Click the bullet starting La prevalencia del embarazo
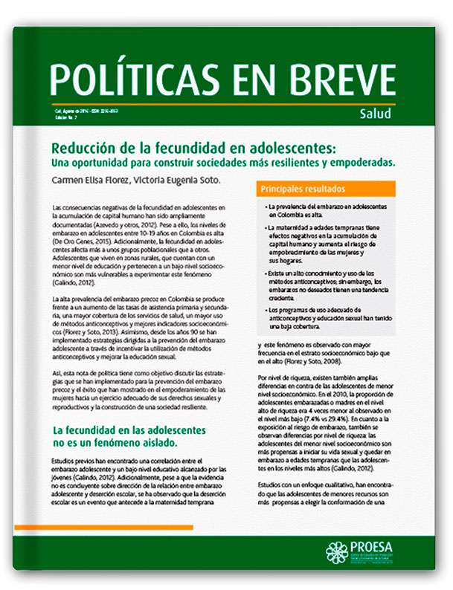click(x=323, y=209)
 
